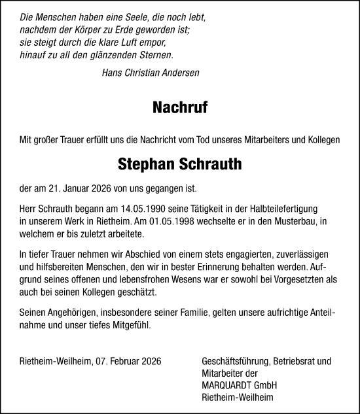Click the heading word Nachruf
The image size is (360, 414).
coord(179,107)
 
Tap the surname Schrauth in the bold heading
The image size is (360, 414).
coord(210,165)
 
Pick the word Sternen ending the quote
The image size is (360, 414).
coord(154,56)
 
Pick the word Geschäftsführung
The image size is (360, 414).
coord(230,360)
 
